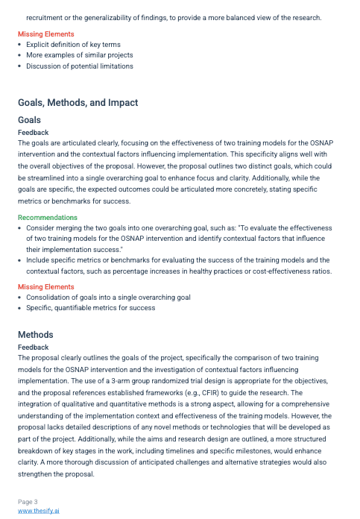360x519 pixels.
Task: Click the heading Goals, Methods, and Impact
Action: tap(78, 103)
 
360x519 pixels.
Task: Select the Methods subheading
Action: tap(35, 335)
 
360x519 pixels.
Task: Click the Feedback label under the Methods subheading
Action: tap(34, 347)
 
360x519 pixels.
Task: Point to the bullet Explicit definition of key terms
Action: tap(74, 45)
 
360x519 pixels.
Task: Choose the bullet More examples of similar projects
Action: tap(80, 55)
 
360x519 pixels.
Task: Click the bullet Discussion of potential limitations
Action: tap(80, 66)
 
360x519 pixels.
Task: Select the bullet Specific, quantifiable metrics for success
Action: tap(90, 307)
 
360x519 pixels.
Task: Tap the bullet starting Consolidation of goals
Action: tap(108, 297)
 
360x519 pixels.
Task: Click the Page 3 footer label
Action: tap(28, 502)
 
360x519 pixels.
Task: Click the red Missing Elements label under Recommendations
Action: tap(46, 286)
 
